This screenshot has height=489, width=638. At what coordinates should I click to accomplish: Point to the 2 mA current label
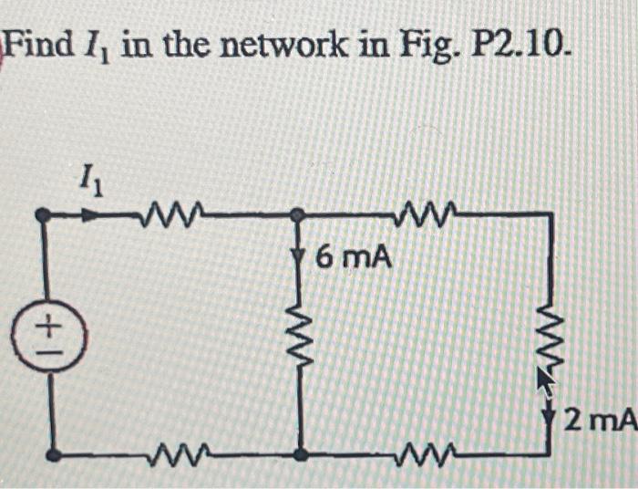click(599, 421)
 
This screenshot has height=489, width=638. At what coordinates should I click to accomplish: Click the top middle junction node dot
click(296, 216)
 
